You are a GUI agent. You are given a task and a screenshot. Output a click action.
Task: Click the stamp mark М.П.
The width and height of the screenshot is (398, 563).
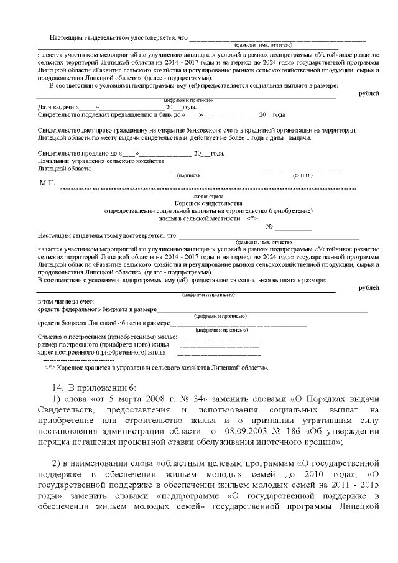(x=48, y=184)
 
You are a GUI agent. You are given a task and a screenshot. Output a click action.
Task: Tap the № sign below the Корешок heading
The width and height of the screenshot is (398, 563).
(x=269, y=227)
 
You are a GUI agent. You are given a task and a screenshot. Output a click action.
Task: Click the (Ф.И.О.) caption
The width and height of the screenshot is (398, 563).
(x=302, y=176)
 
